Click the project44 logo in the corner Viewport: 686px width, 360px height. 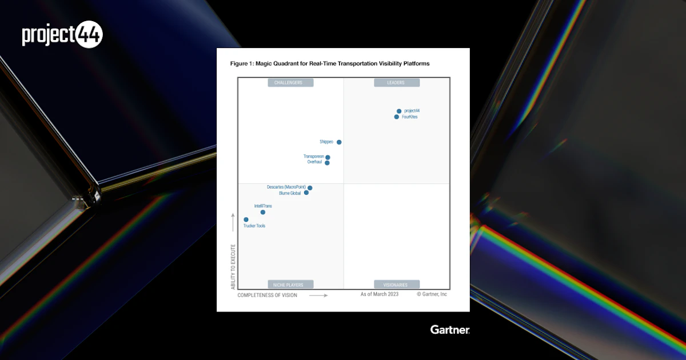click(62, 35)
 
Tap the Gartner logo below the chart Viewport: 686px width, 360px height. click(450, 330)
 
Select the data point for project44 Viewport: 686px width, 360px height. click(399, 111)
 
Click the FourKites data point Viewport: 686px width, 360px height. click(397, 117)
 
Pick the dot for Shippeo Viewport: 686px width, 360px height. click(339, 142)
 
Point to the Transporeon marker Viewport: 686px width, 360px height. click(328, 158)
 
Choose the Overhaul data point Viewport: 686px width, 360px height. click(327, 163)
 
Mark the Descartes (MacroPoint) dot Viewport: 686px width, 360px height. click(310, 188)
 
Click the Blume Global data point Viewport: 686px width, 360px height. click(306, 193)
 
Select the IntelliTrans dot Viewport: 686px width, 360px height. click(263, 212)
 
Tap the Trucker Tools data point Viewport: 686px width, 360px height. click(246, 219)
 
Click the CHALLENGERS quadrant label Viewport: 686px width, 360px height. click(290, 83)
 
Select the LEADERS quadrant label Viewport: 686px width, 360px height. click(397, 83)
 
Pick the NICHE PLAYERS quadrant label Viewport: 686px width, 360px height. click(290, 285)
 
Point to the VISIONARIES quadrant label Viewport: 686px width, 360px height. click(397, 285)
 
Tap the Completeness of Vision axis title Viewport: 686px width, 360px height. click(267, 295)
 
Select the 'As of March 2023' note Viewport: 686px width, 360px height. click(380, 294)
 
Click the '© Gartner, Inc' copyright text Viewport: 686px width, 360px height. click(432, 294)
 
